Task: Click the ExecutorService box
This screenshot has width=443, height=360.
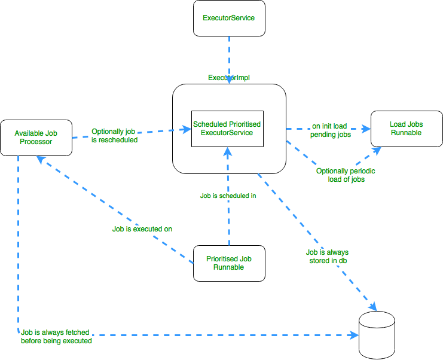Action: pos(228,18)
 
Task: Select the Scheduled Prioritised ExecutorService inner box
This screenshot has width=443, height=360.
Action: pos(227,129)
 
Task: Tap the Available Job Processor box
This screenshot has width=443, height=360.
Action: pos(36,138)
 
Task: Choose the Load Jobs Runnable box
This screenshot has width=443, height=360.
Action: pos(406,129)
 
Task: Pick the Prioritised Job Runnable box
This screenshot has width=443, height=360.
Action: pos(228,263)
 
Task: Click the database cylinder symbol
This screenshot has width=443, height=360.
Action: pos(377,337)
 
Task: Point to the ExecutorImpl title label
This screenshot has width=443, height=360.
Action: pos(228,78)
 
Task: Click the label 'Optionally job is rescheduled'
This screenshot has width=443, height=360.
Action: pos(115,136)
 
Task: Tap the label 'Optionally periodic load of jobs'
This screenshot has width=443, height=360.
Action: pos(346,175)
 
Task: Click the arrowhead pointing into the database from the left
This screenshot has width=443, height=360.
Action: pos(353,336)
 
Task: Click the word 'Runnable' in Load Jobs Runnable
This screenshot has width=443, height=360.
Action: pos(407,133)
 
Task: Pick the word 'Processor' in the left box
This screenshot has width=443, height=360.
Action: pos(36,142)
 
